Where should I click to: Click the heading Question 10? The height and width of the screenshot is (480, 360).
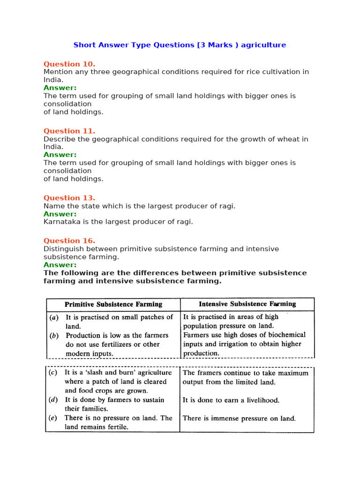[x=69, y=64]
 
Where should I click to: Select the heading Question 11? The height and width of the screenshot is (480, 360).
[x=69, y=131]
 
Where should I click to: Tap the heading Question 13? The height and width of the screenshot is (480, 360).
[x=69, y=198]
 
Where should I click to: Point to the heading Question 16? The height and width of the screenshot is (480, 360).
[x=69, y=240]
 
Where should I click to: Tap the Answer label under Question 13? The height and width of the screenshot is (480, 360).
[x=60, y=214]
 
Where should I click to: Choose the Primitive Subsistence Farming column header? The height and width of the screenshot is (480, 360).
[x=113, y=304]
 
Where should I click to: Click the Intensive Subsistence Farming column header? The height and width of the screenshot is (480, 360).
[x=247, y=304]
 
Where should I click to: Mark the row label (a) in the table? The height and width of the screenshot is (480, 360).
[x=54, y=317]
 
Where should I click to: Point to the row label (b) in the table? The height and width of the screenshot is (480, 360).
[x=54, y=336]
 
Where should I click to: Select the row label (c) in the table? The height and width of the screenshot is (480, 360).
[x=54, y=373]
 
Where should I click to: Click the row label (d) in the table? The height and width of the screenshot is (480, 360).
[x=54, y=400]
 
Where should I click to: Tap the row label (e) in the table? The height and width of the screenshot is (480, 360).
[x=54, y=418]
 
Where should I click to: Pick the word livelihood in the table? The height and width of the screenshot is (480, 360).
[x=260, y=400]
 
